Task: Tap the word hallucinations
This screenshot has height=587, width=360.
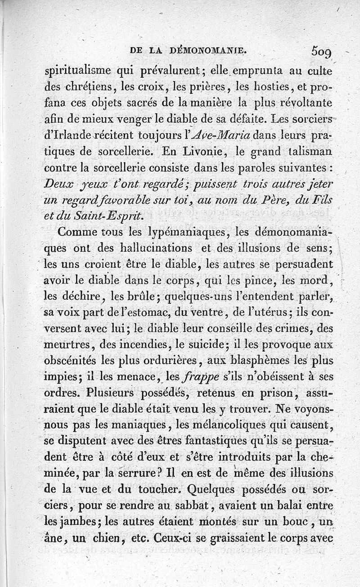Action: point(158,248)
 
